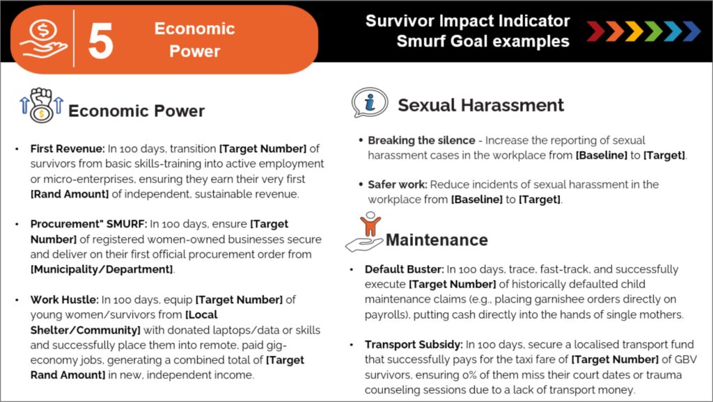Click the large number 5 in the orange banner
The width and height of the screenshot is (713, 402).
tap(100, 41)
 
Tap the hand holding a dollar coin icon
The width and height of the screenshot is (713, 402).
tap(43, 40)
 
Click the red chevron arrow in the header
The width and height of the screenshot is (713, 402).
tap(595, 31)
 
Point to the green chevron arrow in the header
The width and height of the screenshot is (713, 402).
tap(653, 31)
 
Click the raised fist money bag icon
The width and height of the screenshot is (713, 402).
tap(41, 106)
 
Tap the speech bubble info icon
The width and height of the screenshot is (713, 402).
tap(370, 103)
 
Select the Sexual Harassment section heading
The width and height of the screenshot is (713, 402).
tap(480, 105)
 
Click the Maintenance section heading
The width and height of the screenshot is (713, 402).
tap(437, 240)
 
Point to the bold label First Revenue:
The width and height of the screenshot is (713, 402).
tap(68, 149)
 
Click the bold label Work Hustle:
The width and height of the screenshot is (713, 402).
tap(64, 300)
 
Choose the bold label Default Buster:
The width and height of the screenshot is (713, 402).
tap(405, 269)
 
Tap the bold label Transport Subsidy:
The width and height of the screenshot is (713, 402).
tap(414, 345)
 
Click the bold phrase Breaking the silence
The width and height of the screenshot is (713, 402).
tap(421, 140)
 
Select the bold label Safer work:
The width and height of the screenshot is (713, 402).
tap(398, 184)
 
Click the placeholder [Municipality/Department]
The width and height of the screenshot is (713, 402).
tap(102, 269)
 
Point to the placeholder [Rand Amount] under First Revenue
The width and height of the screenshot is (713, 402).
tap(70, 194)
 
